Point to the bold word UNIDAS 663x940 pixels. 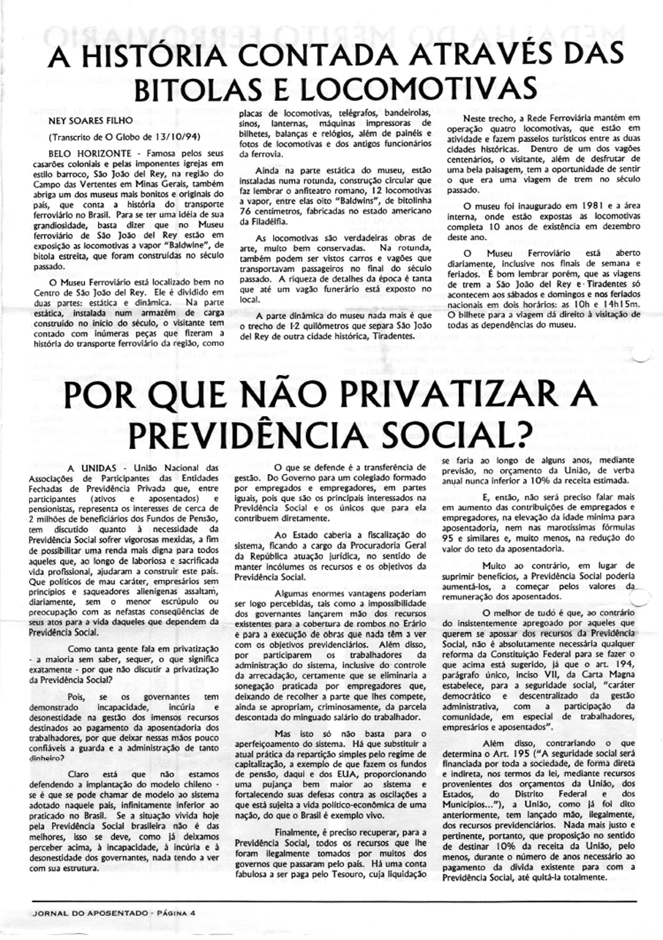(x=94, y=468)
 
